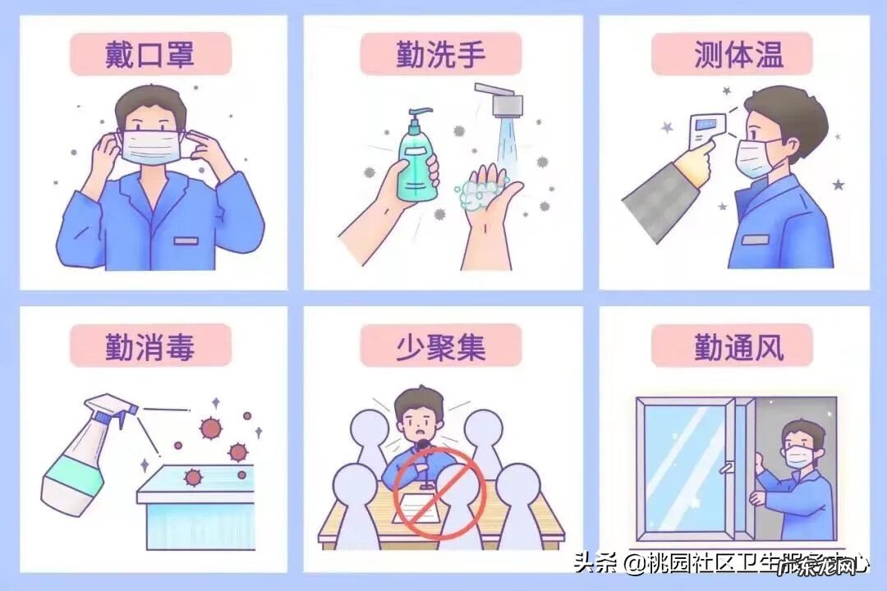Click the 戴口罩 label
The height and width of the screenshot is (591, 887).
coord(150,55)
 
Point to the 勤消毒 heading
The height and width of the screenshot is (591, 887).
coord(150,346)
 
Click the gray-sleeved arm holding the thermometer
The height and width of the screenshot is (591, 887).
coord(657,189)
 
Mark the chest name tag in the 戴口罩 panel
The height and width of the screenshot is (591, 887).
coord(186,241)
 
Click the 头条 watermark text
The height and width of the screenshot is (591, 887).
coord(593,564)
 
